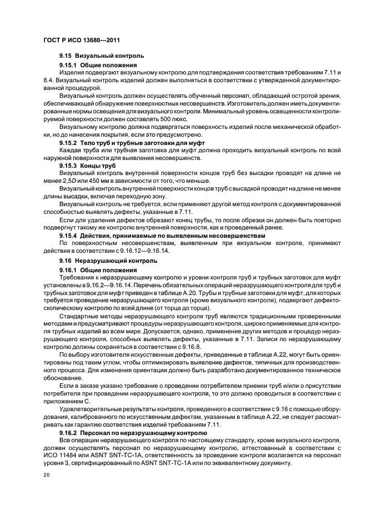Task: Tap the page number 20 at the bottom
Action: (x=46, y=476)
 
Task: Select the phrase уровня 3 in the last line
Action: (x=58, y=463)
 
